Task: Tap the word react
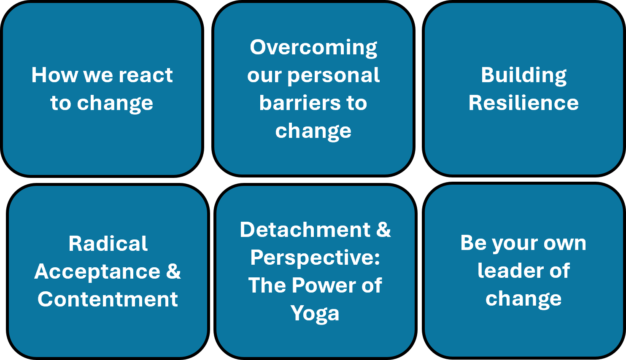(146, 75)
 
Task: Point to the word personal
(333, 76)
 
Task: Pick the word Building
(523, 76)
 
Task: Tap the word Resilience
(523, 103)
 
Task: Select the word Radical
(108, 244)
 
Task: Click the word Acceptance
(97, 272)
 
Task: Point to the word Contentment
(108, 299)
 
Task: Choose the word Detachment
(305, 230)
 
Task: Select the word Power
(324, 285)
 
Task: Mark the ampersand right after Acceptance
(173, 271)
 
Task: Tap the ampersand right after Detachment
(383, 229)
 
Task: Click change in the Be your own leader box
(523, 299)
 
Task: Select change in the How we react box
(115, 104)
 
